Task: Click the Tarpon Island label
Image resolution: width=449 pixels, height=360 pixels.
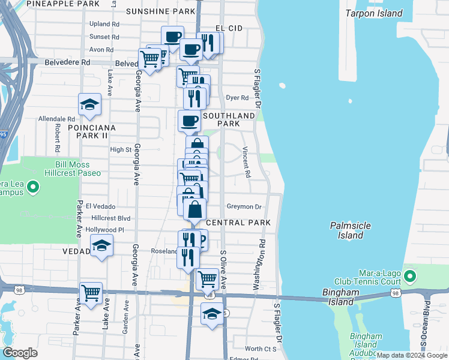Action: (x=373, y=13)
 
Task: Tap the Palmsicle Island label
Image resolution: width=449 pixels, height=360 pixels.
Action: (x=350, y=230)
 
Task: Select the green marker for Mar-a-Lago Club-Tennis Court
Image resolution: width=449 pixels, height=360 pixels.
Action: (x=410, y=276)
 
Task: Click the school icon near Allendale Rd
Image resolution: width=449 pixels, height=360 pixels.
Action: (x=89, y=104)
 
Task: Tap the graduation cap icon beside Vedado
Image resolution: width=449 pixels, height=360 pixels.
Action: (x=101, y=245)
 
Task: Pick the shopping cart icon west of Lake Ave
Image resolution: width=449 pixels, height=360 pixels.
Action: (x=91, y=293)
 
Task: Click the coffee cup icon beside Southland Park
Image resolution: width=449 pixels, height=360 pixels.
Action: (x=190, y=121)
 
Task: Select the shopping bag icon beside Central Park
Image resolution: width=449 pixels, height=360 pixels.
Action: (x=195, y=210)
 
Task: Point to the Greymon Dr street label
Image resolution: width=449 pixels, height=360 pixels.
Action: (x=244, y=207)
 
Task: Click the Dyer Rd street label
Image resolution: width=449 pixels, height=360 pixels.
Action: (x=237, y=98)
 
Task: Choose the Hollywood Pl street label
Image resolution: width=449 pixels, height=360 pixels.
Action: (x=104, y=230)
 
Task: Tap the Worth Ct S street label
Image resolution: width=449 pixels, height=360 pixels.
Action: (x=261, y=349)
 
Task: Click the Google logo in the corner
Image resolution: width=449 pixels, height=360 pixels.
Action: (x=20, y=353)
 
